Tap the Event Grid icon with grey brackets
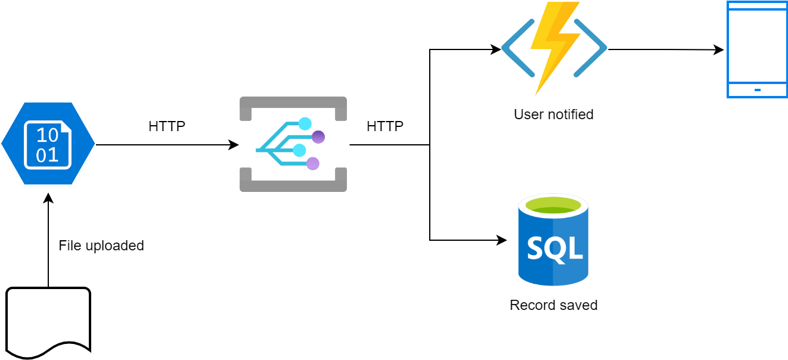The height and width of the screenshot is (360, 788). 293,144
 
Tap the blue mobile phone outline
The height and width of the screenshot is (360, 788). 757,49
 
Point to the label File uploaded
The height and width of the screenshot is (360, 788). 101,246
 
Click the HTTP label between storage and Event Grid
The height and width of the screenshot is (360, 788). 167,126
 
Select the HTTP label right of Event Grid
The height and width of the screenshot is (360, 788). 385,126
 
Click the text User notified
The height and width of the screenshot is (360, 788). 553,114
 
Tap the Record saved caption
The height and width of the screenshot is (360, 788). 553,305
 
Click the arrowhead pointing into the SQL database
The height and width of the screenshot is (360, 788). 502,240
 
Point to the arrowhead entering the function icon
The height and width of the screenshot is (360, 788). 497,49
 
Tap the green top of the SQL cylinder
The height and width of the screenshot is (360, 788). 553,204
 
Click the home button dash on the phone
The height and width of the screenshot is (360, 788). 757,90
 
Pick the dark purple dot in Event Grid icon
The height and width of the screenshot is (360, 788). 318,136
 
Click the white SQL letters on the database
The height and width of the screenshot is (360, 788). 554,247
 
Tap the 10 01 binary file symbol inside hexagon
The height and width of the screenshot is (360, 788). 48,145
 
